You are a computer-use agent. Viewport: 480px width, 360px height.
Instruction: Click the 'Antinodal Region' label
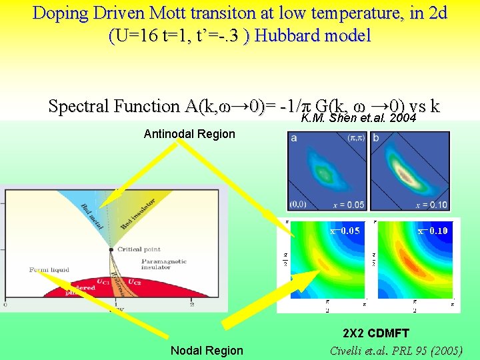(x=189, y=134)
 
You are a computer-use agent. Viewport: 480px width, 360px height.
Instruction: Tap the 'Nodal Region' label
(x=207, y=351)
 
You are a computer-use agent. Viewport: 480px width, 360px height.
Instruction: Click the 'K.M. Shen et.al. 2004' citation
(x=359, y=119)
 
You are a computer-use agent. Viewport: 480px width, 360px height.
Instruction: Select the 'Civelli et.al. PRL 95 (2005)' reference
(x=396, y=351)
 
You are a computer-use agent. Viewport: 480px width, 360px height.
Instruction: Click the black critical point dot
(x=111, y=249)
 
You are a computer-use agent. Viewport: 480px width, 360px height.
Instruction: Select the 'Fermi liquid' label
(x=49, y=270)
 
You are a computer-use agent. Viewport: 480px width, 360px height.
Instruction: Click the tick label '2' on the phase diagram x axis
(x=192, y=306)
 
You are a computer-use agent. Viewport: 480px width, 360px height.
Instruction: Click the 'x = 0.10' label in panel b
(x=431, y=205)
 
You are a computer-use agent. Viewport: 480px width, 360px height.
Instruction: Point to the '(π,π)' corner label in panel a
(x=356, y=138)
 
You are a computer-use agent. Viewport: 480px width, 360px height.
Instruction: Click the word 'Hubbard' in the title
(x=283, y=35)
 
